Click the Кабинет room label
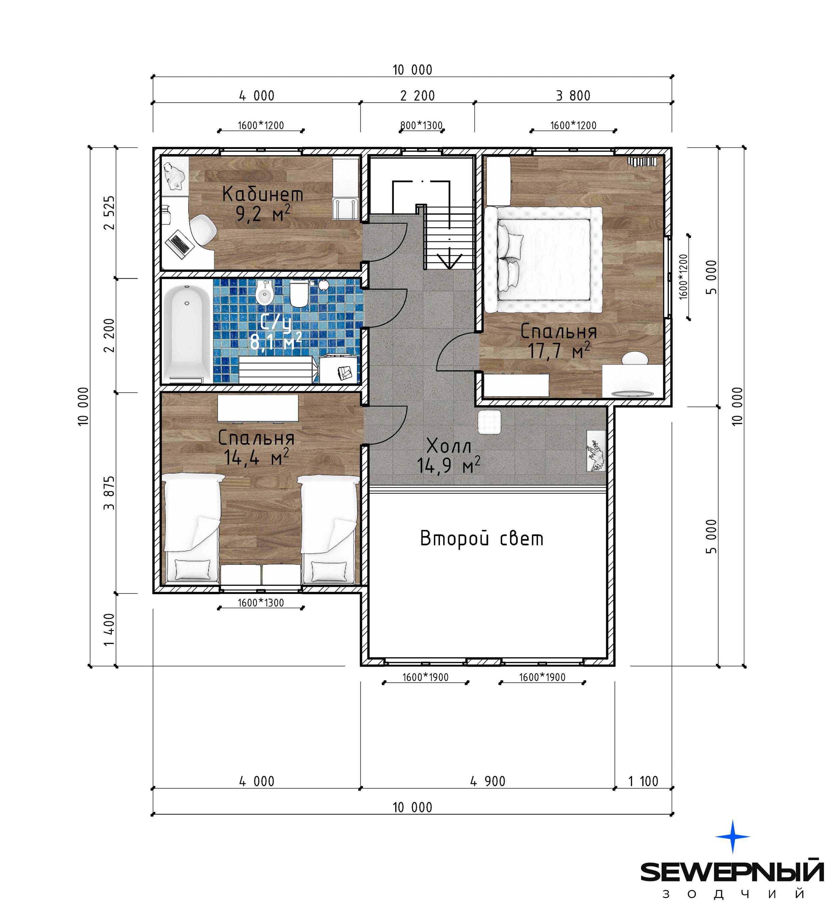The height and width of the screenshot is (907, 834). tap(263, 194)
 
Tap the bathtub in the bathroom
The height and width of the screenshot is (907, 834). tap(187, 334)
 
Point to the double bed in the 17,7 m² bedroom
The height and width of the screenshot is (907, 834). tap(543, 259)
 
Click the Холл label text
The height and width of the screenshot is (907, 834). tap(449, 447)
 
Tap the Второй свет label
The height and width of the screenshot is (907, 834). tap(481, 539)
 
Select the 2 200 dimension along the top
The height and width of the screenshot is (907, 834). tap(417, 96)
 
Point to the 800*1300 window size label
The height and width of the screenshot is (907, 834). tap(421, 125)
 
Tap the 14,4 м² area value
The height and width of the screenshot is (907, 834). tap(256, 458)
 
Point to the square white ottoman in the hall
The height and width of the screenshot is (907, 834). tap(489, 422)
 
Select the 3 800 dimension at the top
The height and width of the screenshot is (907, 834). tap(573, 96)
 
